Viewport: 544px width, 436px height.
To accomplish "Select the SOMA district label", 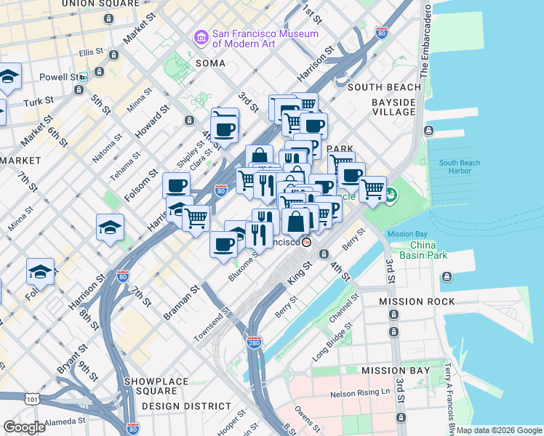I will pos(212,64).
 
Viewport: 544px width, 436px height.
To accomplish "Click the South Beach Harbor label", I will pos(459,167).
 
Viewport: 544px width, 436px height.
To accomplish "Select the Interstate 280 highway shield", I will pos(253,342).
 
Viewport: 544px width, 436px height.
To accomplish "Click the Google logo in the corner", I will pos(24,427).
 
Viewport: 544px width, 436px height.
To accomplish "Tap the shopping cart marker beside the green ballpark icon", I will pos(372,189).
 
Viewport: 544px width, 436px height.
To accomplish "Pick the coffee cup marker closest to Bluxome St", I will pos(223,243).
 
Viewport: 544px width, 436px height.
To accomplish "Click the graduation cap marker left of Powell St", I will pos(9,76).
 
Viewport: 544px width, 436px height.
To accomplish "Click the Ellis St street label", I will pos(92,52).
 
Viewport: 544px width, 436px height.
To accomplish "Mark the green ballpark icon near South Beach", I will pos(391,195).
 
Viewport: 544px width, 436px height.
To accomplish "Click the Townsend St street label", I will pos(212,325).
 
